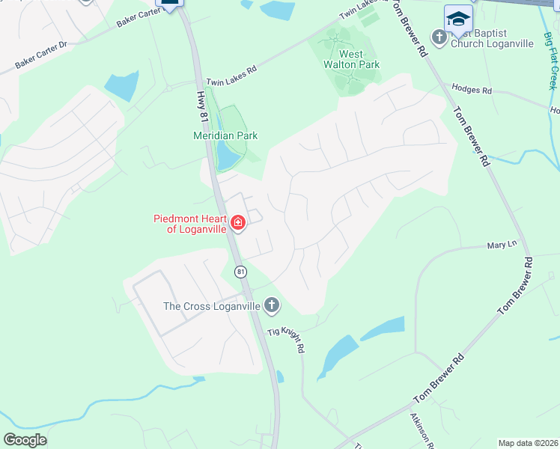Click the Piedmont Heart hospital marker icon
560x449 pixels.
(238, 223)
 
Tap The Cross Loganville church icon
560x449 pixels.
(272, 305)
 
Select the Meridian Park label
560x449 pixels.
(225, 135)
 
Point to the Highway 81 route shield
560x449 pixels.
(240, 272)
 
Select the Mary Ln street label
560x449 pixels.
(502, 245)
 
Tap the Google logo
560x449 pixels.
(25, 440)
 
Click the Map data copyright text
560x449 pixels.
(528, 443)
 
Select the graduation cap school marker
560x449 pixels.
(458, 18)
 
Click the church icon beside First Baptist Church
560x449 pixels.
(439, 36)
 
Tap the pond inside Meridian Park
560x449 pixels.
(225, 156)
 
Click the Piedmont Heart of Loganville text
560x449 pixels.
(190, 224)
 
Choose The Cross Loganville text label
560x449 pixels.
(212, 306)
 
